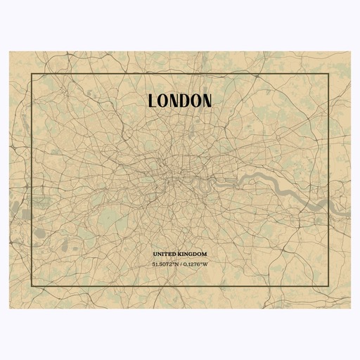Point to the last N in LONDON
tap(206, 101)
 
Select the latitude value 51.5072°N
tap(165, 264)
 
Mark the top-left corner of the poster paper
tap(11, 51)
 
